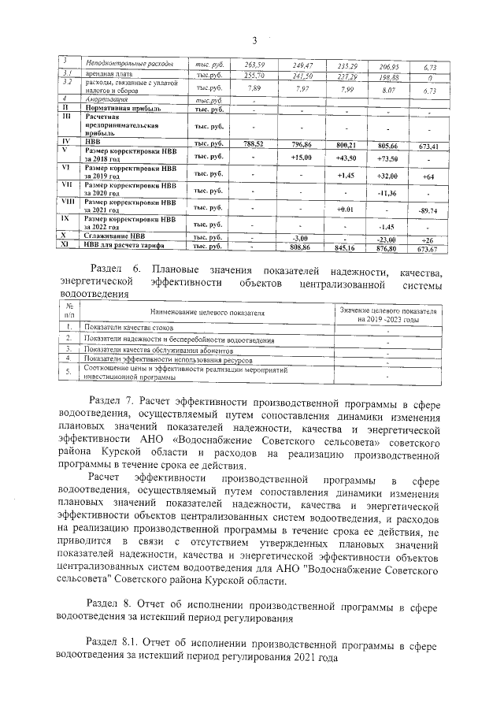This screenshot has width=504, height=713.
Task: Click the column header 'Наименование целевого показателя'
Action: (x=202, y=314)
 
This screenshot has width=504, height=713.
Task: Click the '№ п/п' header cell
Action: (x=69, y=310)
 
